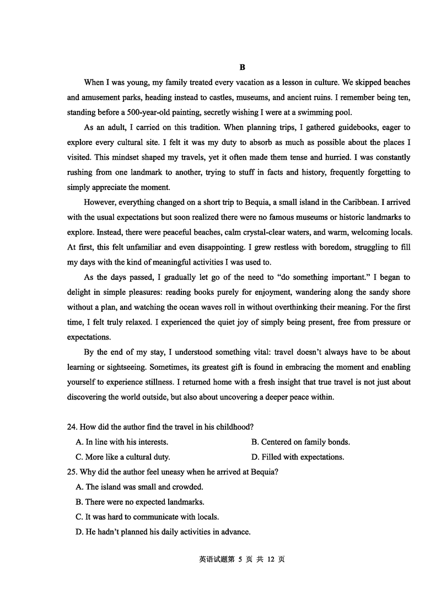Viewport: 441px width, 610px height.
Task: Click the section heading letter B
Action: click(242, 67)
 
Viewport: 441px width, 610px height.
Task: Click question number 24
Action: click(71, 427)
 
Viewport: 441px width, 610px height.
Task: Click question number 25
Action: click(71, 472)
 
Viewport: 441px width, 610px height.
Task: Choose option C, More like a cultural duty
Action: click(123, 457)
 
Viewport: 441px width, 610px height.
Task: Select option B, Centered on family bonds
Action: click(300, 442)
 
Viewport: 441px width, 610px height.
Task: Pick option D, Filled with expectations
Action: click(298, 457)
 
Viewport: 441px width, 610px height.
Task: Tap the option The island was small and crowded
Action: click(139, 487)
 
